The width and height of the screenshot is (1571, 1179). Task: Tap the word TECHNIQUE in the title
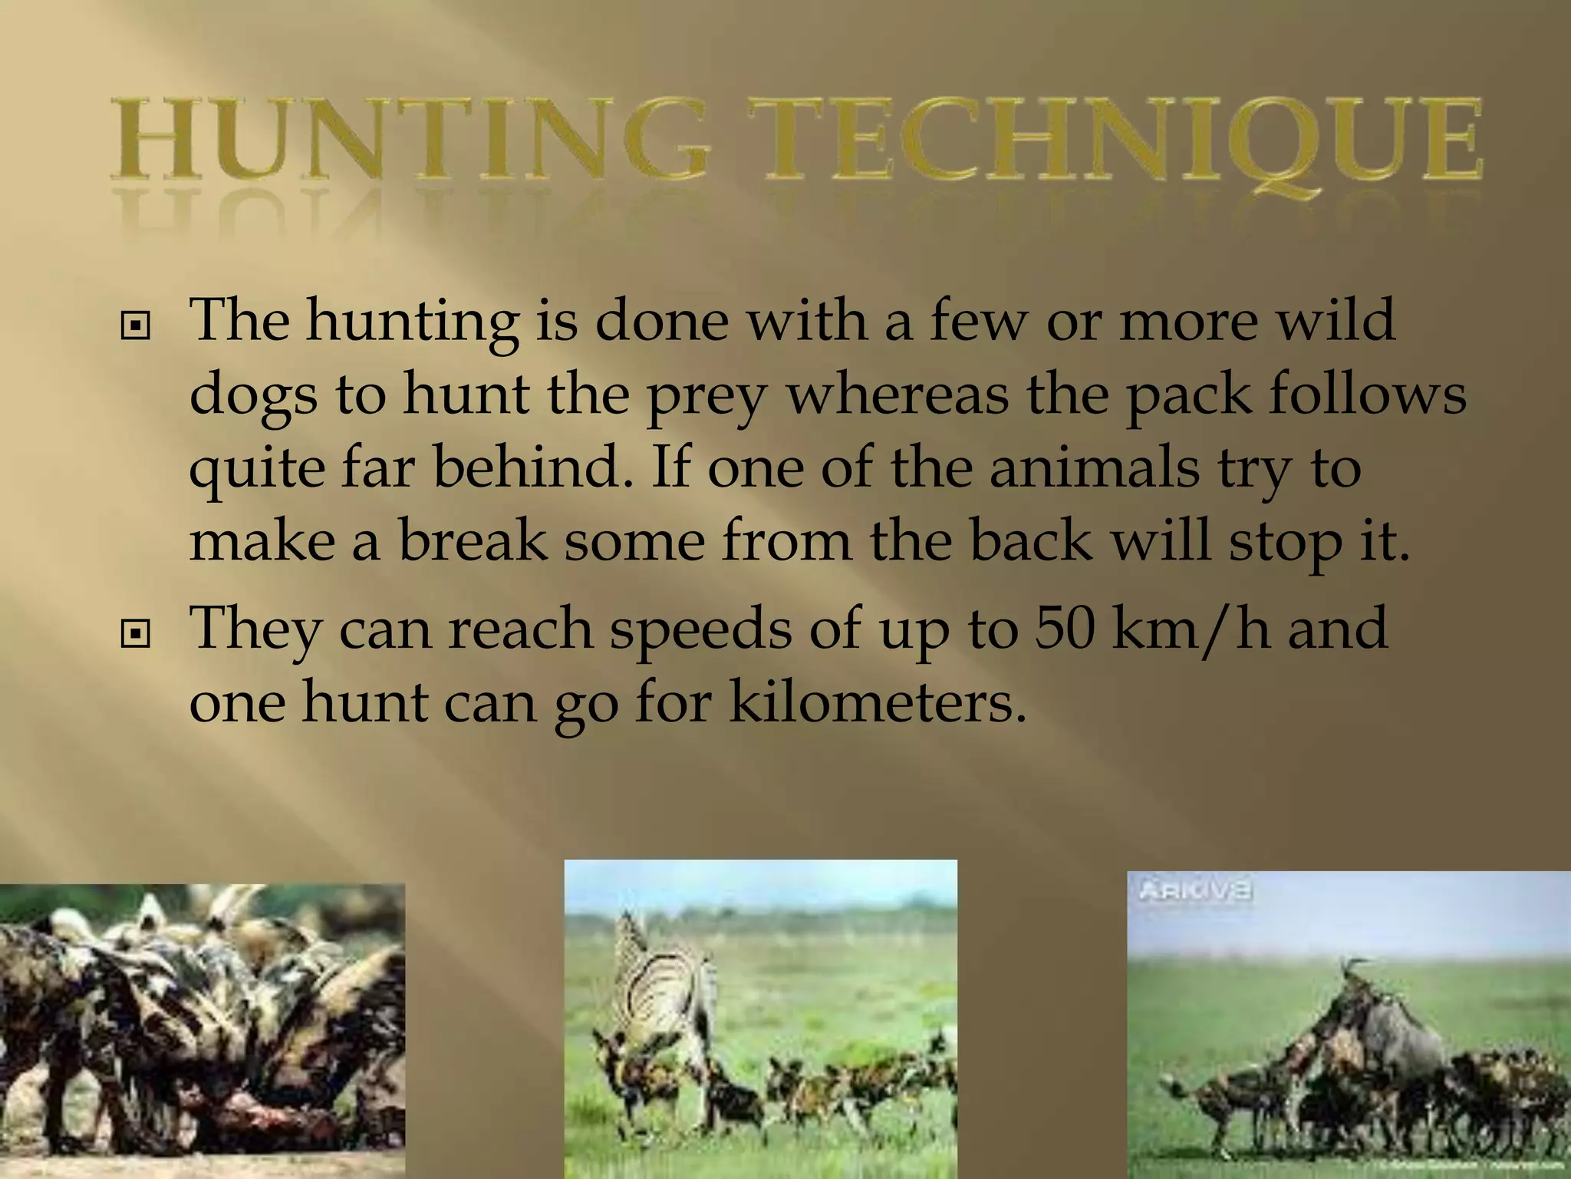pos(1121,140)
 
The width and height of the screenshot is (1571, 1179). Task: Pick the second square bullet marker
pos(135,634)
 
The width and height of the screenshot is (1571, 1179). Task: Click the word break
pos(473,540)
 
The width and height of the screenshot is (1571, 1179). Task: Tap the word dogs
pos(252,396)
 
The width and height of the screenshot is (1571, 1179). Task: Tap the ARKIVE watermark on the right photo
pos(1196,890)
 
